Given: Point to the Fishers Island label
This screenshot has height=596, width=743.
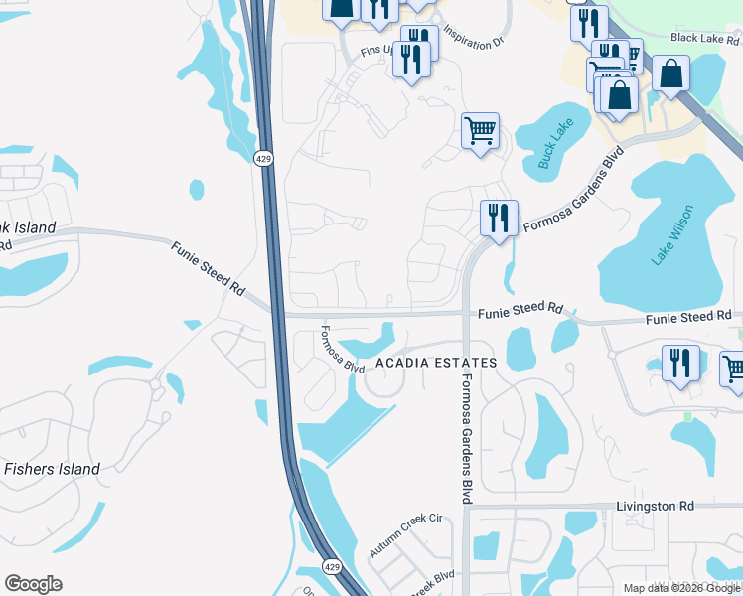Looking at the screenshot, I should click(52, 469).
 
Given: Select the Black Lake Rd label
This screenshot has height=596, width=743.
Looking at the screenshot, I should click(705, 38).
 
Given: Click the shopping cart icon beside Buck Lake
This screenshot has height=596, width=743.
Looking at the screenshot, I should click(480, 130).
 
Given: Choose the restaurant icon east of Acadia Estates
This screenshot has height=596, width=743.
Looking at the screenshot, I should click(680, 363).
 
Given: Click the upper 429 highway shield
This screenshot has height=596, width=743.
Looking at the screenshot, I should click(262, 159).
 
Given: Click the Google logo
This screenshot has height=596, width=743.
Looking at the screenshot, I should click(33, 584).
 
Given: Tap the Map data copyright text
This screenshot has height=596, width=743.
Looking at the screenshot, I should click(682, 588).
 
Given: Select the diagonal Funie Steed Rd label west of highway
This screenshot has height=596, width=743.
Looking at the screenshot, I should click(208, 269).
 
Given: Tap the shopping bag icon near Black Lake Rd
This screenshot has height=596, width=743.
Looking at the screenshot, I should click(671, 74).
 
